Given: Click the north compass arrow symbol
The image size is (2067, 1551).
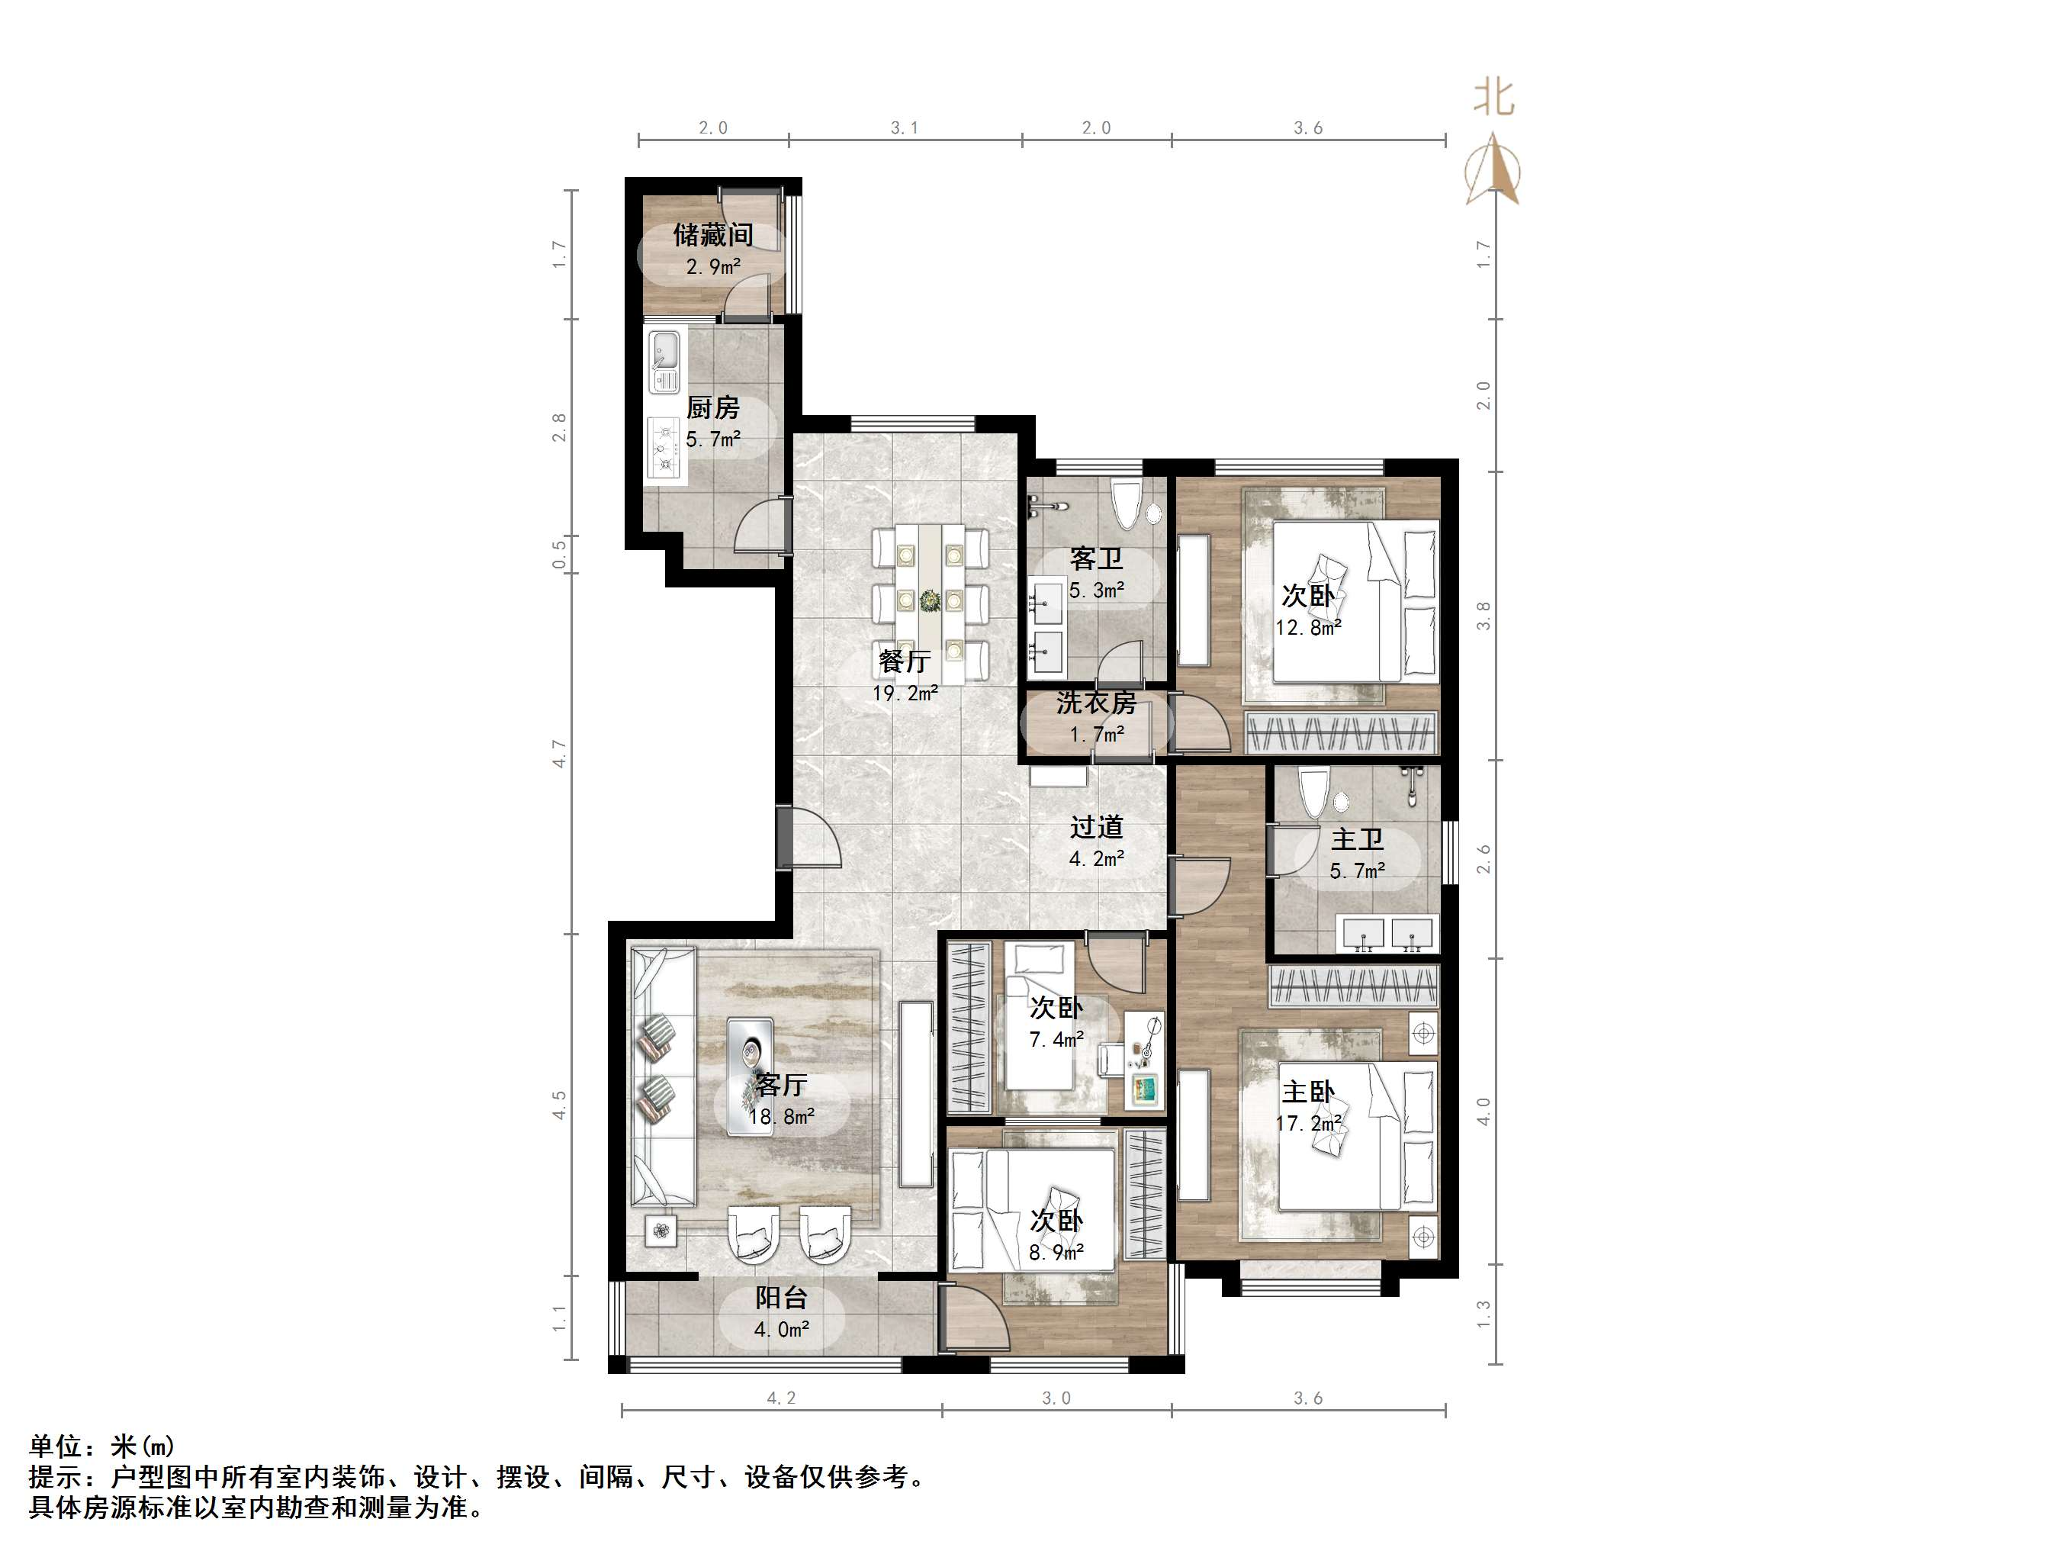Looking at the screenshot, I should point(1493,169).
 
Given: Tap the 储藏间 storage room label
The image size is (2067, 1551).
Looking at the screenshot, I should point(713,235).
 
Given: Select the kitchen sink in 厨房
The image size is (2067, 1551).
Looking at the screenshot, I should point(665,361).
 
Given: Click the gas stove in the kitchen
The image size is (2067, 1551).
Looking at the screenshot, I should point(665,449).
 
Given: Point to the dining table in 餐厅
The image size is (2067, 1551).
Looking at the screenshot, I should point(930,603).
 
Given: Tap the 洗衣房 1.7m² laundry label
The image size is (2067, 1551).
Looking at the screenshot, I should point(1096,717).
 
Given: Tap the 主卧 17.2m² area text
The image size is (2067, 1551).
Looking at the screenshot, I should point(1308,1122).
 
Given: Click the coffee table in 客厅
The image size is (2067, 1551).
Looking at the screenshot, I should point(751,1076).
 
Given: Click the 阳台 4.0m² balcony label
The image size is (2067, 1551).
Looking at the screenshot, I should point(781,1311).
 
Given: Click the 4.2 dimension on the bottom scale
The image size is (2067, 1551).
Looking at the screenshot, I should point(781,1398).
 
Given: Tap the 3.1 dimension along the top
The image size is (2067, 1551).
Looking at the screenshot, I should point(904,128).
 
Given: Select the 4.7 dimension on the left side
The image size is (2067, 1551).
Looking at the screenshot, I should point(559,754).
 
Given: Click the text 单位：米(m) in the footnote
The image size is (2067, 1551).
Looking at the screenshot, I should point(101,1446).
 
